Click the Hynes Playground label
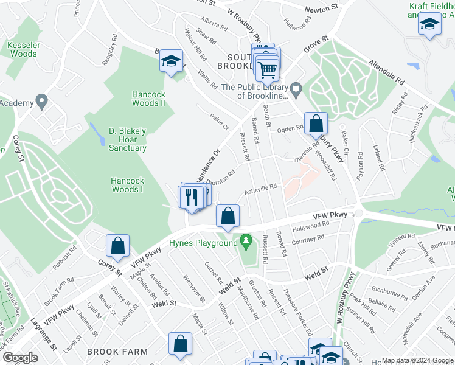point(203,243)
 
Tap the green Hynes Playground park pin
point(246,242)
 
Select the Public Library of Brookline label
point(254,91)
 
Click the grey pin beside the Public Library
point(296,91)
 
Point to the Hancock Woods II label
point(149,99)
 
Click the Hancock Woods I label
point(127,185)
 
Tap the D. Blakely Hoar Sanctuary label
point(128,139)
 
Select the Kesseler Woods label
point(23,49)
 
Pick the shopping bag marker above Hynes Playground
point(227,215)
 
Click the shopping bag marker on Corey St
point(118,246)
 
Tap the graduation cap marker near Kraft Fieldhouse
point(429,24)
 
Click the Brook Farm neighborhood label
point(117,352)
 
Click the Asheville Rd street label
point(260,189)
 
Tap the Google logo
point(20,358)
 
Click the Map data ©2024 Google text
point(418,360)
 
